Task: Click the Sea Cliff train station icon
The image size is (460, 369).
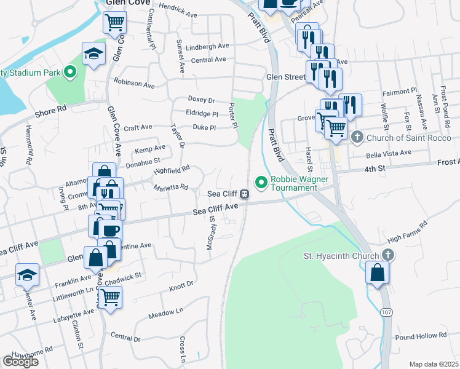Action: (245, 194)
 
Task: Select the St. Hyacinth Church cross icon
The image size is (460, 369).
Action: (387, 255)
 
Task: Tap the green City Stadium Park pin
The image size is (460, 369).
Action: (69, 73)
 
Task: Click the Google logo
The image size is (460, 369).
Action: (20, 361)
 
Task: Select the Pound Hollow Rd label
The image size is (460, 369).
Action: (421, 336)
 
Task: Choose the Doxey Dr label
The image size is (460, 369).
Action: (201, 100)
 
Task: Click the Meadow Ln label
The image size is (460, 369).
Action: (166, 314)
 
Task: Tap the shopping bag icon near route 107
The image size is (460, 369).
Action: (378, 271)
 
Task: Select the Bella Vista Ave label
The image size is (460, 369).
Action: (387, 152)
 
